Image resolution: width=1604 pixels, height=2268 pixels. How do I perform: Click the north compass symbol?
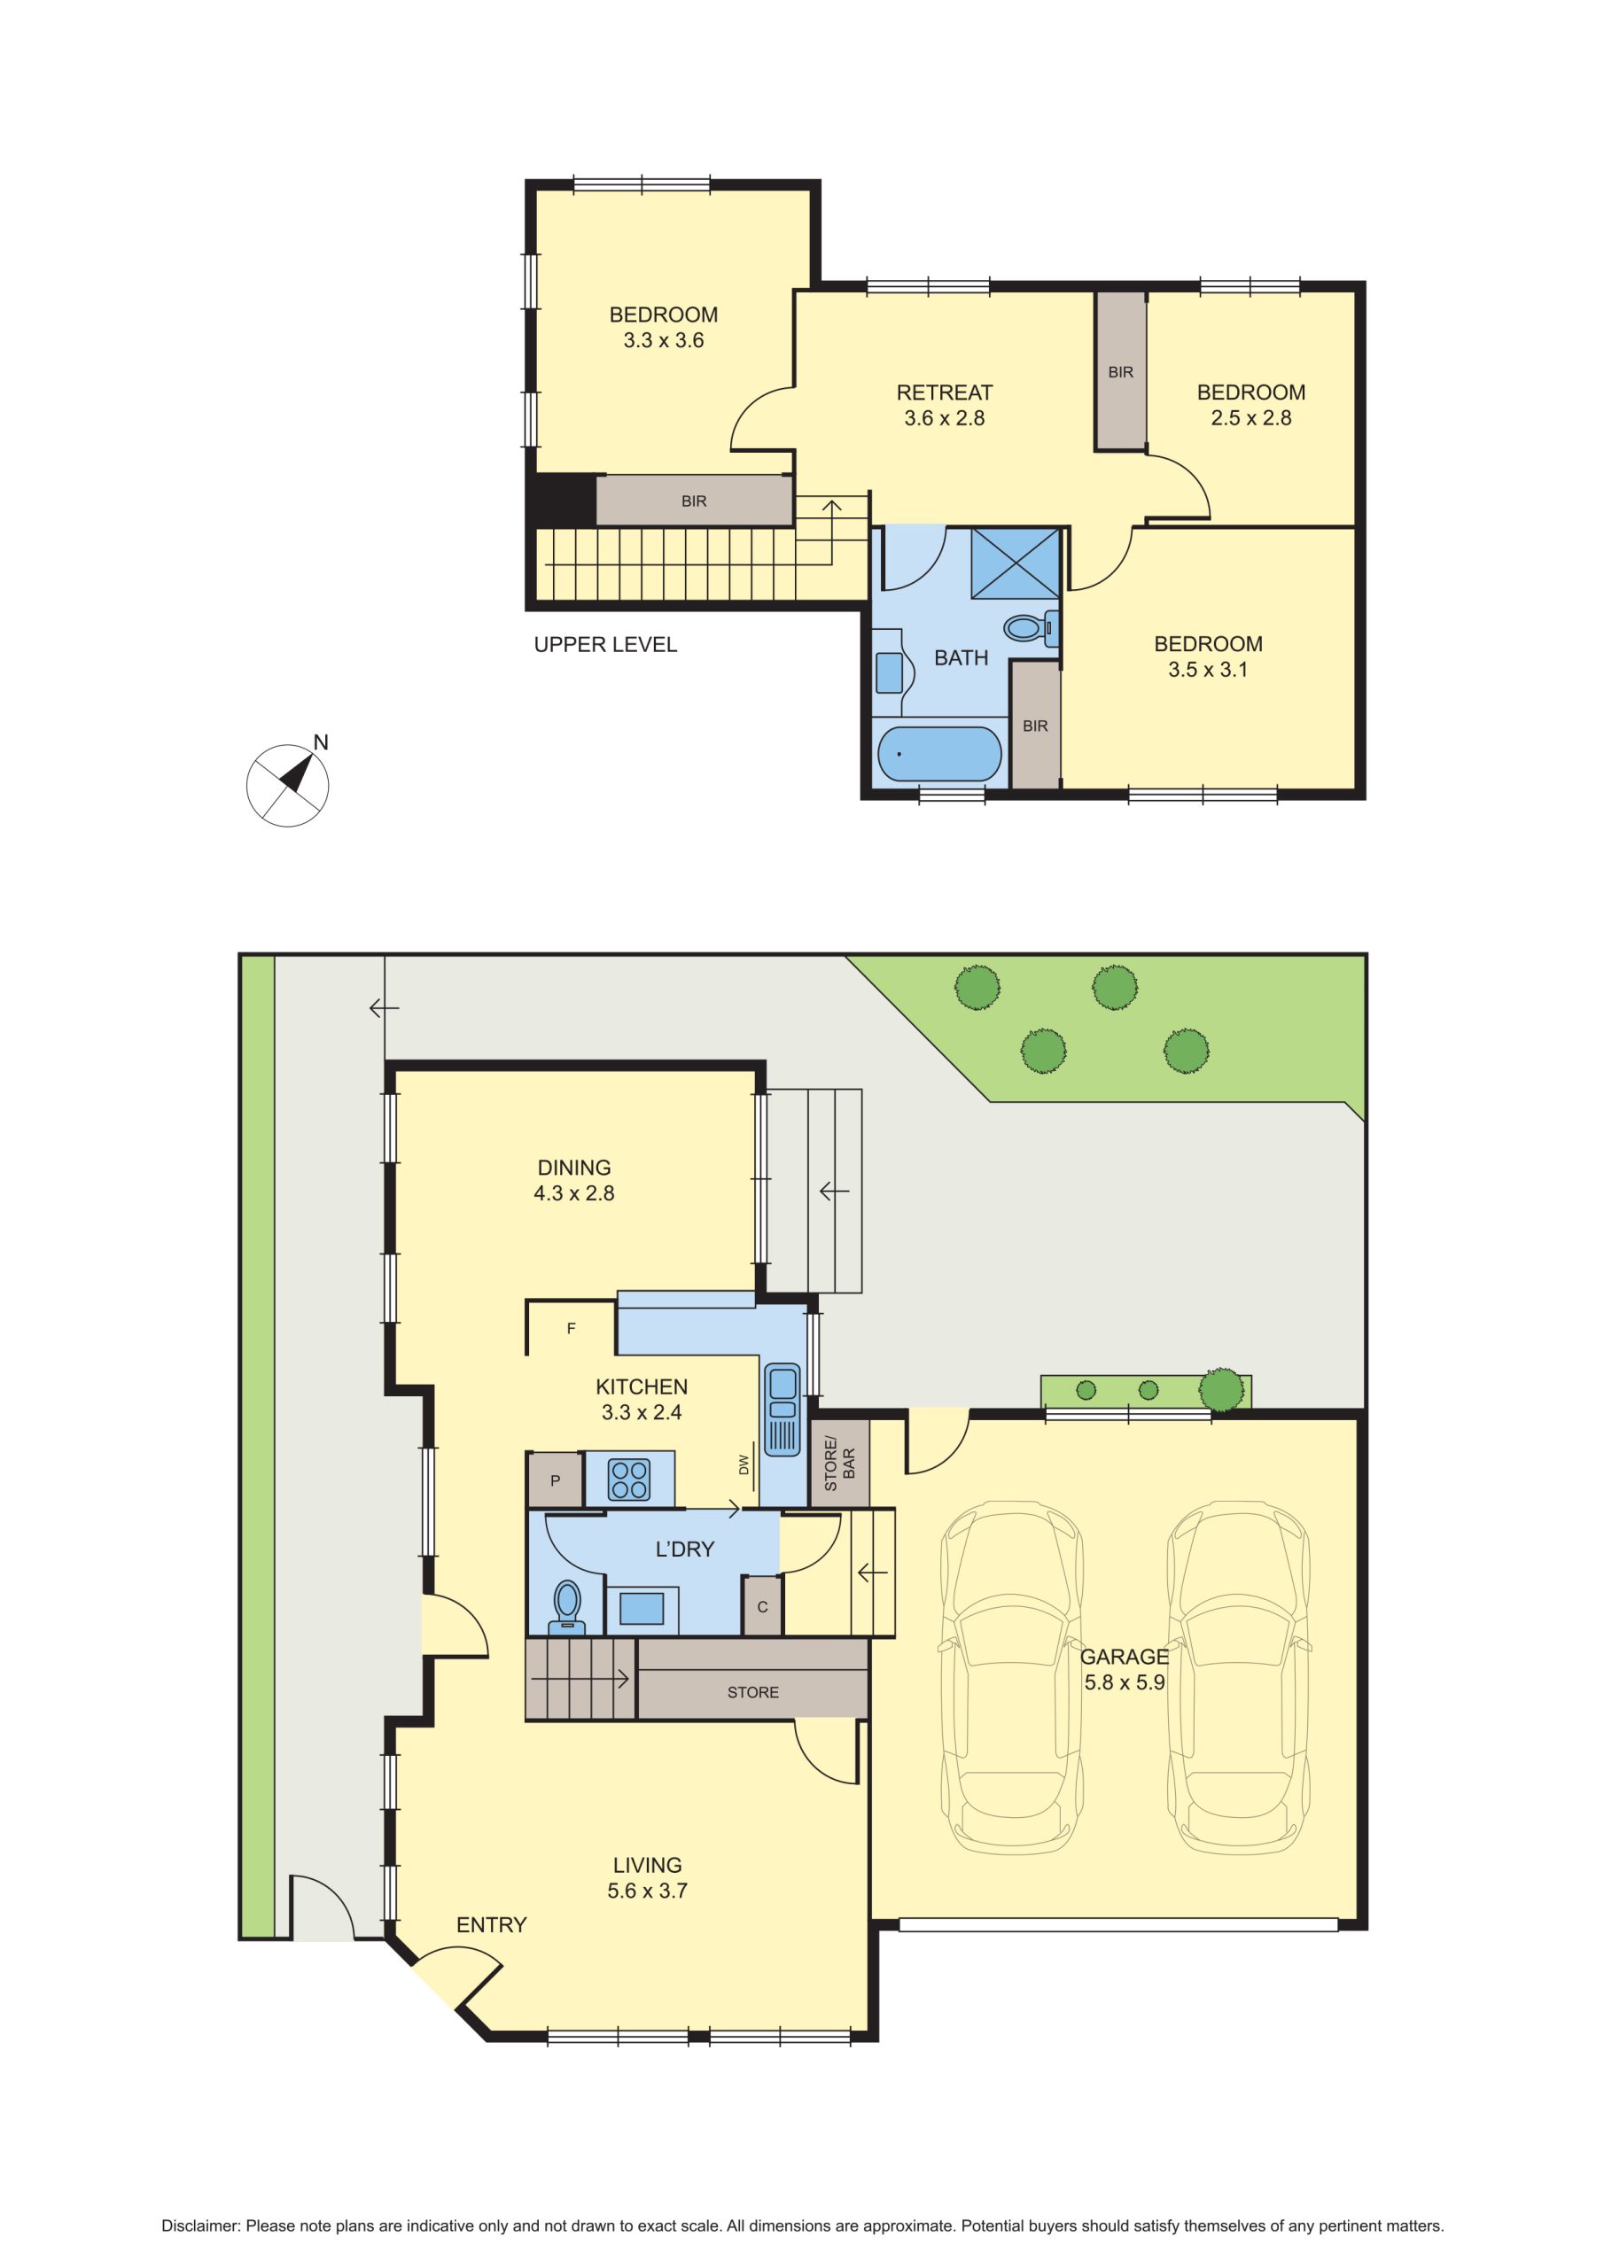point(288,784)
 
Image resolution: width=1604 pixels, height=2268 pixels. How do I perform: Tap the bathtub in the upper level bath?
point(938,754)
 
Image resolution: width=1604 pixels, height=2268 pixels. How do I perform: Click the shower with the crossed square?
point(1015,563)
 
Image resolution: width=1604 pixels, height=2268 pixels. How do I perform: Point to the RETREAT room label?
point(944,392)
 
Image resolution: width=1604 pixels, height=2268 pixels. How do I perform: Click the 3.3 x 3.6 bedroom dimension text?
point(663,341)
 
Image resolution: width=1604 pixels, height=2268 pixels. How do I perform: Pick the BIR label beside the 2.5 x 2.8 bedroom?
point(1121,372)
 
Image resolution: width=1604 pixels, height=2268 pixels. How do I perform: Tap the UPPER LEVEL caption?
point(605,645)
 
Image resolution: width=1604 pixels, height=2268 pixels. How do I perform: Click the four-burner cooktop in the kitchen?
point(629,1479)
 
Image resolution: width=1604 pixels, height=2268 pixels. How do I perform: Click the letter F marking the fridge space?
point(572,1329)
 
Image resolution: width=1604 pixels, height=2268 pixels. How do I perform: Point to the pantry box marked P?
point(555,1480)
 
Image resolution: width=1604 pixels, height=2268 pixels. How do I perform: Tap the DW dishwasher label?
point(744,1464)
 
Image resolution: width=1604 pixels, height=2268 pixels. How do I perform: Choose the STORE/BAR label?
point(839,1464)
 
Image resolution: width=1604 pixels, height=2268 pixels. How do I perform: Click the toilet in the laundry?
point(566,1607)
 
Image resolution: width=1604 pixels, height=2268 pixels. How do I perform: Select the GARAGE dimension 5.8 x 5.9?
point(1125,1682)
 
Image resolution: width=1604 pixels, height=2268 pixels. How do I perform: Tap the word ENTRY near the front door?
point(491,1924)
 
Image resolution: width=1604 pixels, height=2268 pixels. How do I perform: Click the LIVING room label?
point(647,1865)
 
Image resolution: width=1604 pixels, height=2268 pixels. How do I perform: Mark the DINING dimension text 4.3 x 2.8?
point(574,1193)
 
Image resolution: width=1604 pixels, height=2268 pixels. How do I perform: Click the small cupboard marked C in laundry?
point(762,1606)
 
